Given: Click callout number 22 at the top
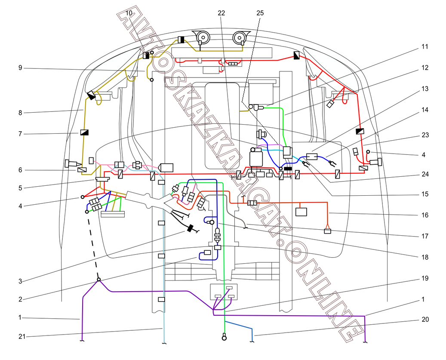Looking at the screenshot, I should [221, 13].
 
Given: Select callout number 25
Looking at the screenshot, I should [260, 13].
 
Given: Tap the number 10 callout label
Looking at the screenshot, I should [129, 13].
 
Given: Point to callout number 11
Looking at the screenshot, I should [425, 46].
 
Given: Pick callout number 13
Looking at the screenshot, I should [425, 89].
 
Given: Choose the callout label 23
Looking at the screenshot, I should [425, 135].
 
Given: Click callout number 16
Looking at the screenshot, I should [425, 215].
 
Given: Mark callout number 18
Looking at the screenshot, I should [425, 257].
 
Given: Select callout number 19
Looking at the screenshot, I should [425, 278].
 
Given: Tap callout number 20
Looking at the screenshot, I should [425, 320].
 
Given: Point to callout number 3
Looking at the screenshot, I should [20, 281].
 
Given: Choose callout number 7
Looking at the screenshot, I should [20, 134].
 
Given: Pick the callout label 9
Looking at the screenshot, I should [20, 68].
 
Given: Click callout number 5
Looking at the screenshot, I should [20, 188].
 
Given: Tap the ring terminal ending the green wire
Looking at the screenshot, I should [224, 338].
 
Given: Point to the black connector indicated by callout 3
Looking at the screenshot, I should [190, 228].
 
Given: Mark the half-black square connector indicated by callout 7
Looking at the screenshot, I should [84, 132].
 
